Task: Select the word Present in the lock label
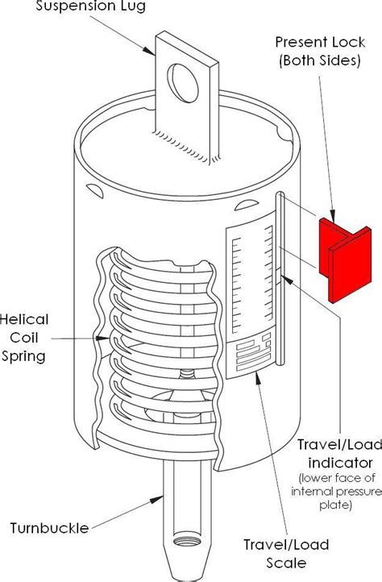300,41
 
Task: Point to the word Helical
24,319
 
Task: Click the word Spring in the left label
25,355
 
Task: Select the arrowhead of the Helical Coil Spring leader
98,339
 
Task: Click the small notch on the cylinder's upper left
96,193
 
